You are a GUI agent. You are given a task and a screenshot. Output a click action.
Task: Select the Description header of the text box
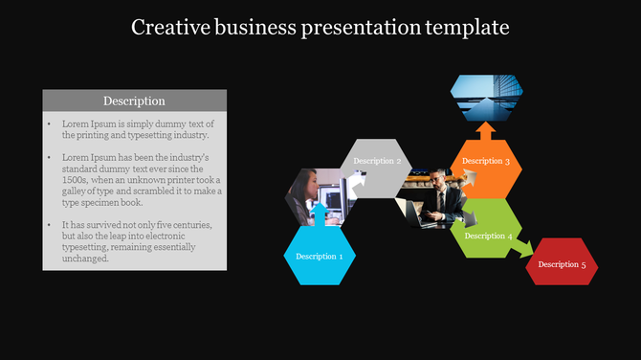pyautogui.click(x=134, y=101)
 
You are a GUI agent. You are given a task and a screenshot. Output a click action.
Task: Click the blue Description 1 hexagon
pyautogui.click(x=320, y=257)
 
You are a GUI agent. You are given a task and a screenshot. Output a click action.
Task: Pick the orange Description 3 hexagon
pyautogui.click(x=486, y=161)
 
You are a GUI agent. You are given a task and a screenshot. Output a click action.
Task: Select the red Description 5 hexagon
pyautogui.click(x=563, y=263)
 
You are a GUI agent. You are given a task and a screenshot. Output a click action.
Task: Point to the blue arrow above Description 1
pyautogui.click(x=320, y=212)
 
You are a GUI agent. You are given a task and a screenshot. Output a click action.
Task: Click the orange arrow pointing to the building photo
pyautogui.click(x=486, y=130)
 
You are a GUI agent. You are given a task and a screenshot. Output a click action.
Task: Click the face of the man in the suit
pyautogui.click(x=435, y=179)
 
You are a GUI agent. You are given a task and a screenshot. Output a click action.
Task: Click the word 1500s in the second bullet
pyautogui.click(x=77, y=179)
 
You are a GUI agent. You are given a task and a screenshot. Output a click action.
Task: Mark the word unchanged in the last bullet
pyautogui.click(x=86, y=259)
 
